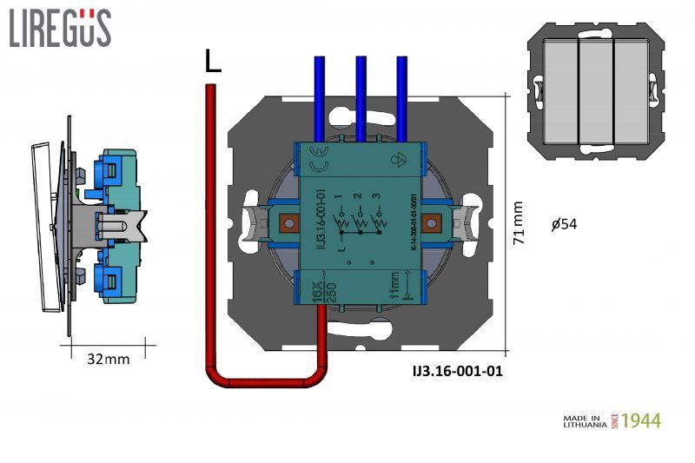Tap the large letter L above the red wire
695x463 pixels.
click(x=213, y=61)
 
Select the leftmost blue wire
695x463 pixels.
click(x=319, y=96)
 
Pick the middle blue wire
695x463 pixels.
click(x=360, y=96)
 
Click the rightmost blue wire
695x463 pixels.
click(x=401, y=96)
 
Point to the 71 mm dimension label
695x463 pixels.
click(x=519, y=223)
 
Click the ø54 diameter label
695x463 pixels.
click(x=564, y=224)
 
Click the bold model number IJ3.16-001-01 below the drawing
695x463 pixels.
click(x=457, y=371)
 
